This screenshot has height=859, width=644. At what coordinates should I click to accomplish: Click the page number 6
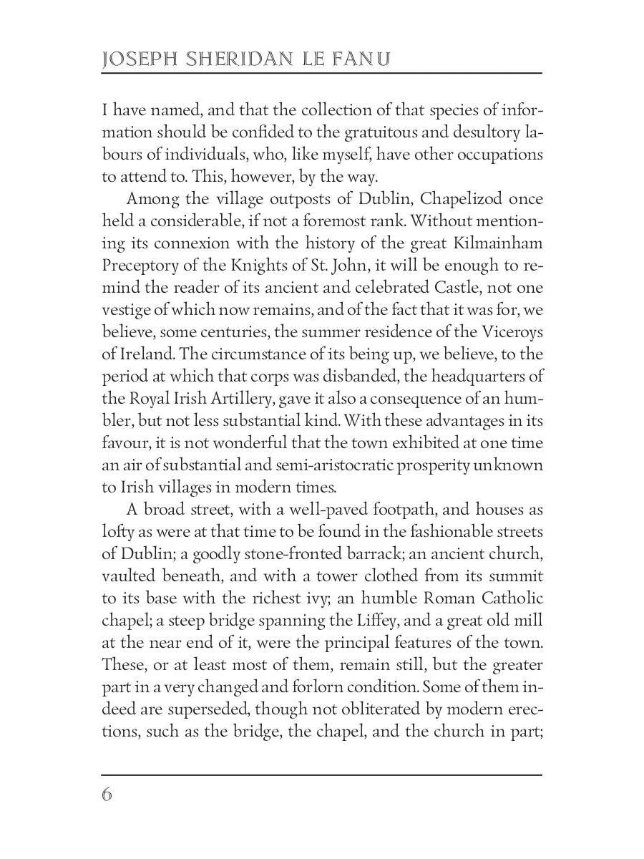tap(107, 795)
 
